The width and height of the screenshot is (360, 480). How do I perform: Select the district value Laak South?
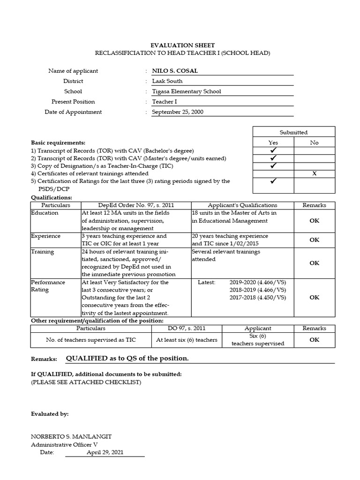(x=167, y=81)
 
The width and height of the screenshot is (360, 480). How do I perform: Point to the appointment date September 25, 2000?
(x=178, y=112)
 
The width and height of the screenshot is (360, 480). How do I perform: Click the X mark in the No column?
(x=315, y=173)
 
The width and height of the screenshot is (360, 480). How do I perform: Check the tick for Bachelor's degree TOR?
(x=273, y=150)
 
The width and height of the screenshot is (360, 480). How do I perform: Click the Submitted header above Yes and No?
(x=294, y=132)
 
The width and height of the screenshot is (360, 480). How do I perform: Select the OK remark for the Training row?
(x=314, y=263)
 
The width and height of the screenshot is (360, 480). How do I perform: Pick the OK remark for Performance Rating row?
(x=314, y=297)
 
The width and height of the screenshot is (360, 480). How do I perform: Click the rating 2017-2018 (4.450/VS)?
(x=257, y=297)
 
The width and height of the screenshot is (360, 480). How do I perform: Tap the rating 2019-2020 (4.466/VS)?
(x=257, y=283)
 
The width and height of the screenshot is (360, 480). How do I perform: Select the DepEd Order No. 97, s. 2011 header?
(x=136, y=205)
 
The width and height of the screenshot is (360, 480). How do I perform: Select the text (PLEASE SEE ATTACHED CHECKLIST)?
(x=86, y=382)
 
